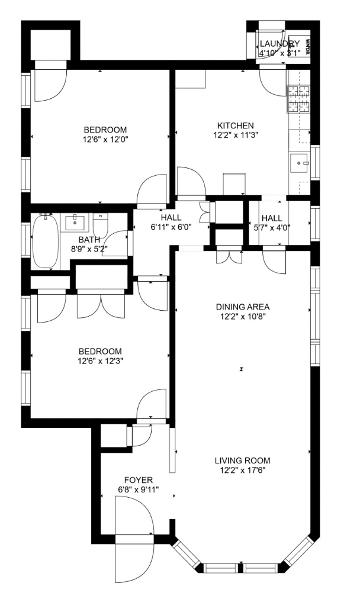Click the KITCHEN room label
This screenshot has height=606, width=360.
pyautogui.click(x=235, y=125)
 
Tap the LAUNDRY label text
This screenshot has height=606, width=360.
pyautogui.click(x=279, y=44)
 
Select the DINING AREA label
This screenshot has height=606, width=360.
pyautogui.click(x=242, y=307)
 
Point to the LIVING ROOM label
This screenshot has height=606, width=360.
pyautogui.click(x=242, y=460)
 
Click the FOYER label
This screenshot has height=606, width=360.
pyautogui.click(x=139, y=479)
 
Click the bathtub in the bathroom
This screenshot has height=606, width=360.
pyautogui.click(x=44, y=241)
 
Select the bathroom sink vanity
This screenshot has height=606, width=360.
pyautogui.click(x=75, y=224)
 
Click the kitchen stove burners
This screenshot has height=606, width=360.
pyautogui.click(x=300, y=99)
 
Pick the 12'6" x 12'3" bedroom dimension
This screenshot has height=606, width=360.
pyautogui.click(x=99, y=360)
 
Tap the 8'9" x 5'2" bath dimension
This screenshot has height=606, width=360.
pyautogui.click(x=89, y=250)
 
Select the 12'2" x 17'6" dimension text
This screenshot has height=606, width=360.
pyautogui.click(x=242, y=470)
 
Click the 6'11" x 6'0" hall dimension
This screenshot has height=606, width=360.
pyautogui.click(x=171, y=227)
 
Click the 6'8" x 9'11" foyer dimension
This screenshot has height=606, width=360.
pyautogui.click(x=139, y=489)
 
